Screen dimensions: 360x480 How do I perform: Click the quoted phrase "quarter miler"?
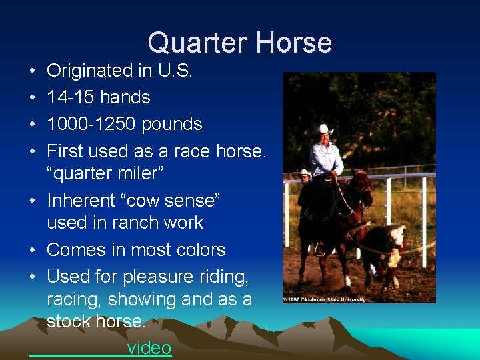(105, 173)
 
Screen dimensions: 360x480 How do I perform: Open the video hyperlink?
(149, 348)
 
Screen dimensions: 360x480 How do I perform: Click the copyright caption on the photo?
(325, 299)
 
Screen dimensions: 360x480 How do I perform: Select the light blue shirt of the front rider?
(327, 159)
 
